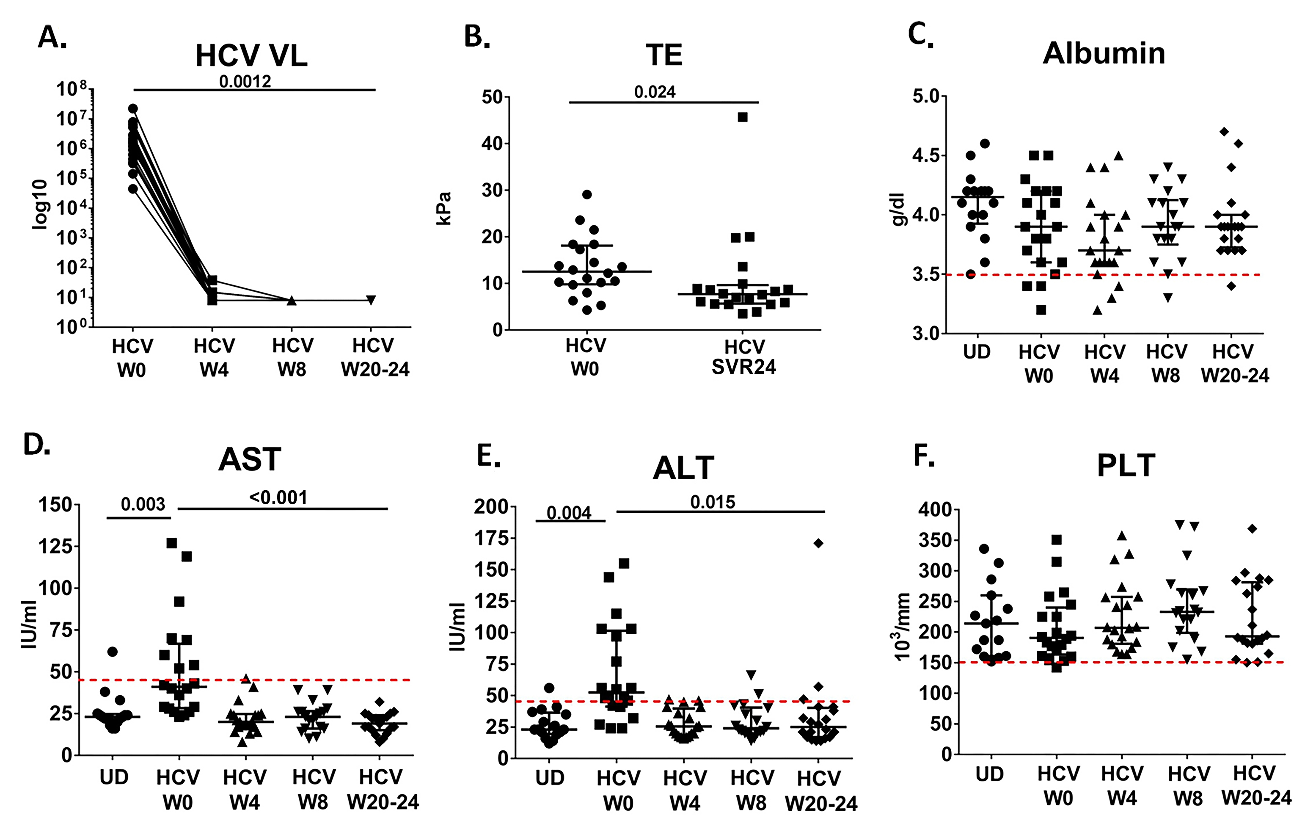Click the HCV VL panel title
coord(251,56)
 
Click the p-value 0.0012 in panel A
coord(245,81)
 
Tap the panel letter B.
coord(477,37)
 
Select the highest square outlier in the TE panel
coord(743,117)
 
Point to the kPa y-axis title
coord(444,208)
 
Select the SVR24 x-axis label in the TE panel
coord(743,367)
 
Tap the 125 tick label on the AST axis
coord(55,546)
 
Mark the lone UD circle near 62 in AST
coord(112,652)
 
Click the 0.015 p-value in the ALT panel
coord(713,502)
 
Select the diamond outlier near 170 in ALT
coord(818,543)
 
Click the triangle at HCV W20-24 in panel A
coord(371,300)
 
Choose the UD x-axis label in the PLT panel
coord(990,774)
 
